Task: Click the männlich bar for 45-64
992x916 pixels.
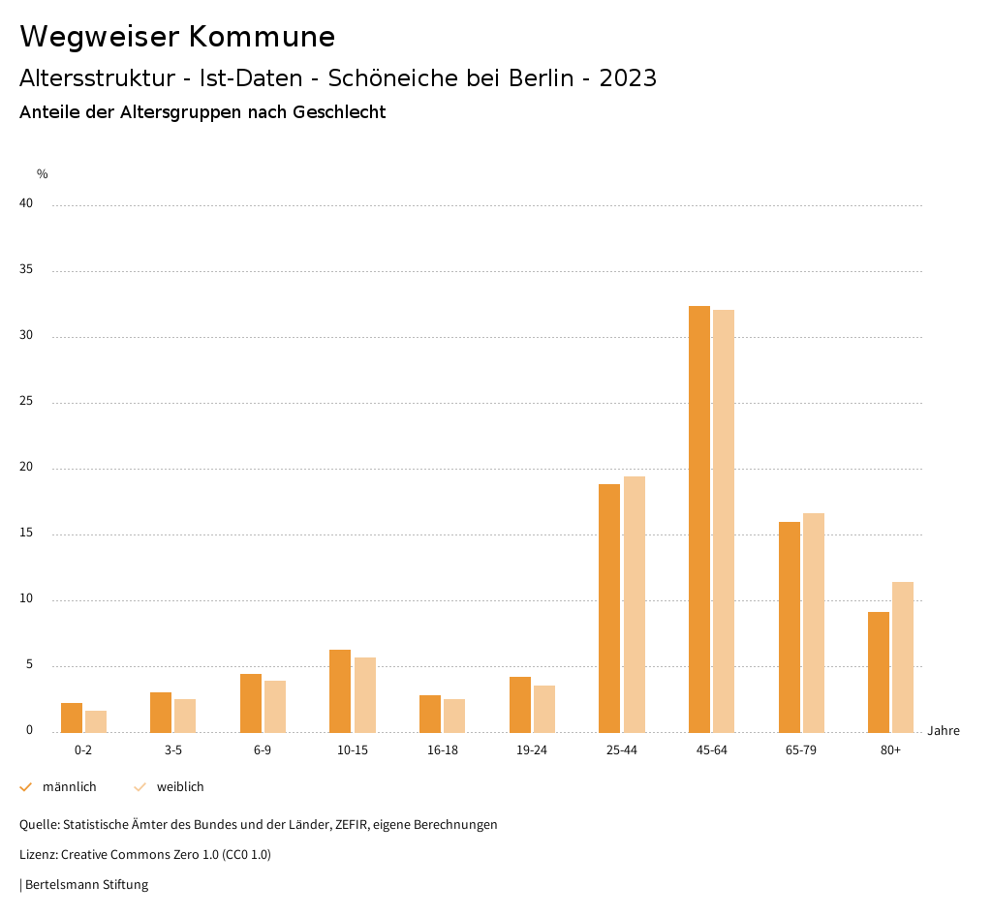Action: (x=699, y=519)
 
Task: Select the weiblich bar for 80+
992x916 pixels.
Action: (x=903, y=656)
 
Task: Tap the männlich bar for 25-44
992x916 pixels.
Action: (x=609, y=608)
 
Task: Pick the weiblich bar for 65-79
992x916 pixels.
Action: (x=814, y=623)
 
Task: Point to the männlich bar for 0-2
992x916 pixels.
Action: (x=72, y=718)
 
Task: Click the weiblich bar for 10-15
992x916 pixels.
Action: (x=365, y=694)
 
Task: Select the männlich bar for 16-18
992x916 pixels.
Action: (x=430, y=714)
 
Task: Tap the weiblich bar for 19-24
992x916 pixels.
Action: (x=544, y=709)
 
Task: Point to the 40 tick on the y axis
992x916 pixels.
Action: (x=26, y=203)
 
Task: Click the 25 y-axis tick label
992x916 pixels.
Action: (x=26, y=401)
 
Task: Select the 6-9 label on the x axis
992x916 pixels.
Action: (x=263, y=750)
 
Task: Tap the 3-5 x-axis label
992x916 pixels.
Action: (x=173, y=750)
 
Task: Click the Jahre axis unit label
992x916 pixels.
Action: (x=944, y=730)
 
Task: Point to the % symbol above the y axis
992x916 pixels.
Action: (x=43, y=174)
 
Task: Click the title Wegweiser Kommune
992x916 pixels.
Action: (x=177, y=36)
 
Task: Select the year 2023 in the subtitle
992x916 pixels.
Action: (x=628, y=78)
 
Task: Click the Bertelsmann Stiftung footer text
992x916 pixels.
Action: (x=86, y=884)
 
